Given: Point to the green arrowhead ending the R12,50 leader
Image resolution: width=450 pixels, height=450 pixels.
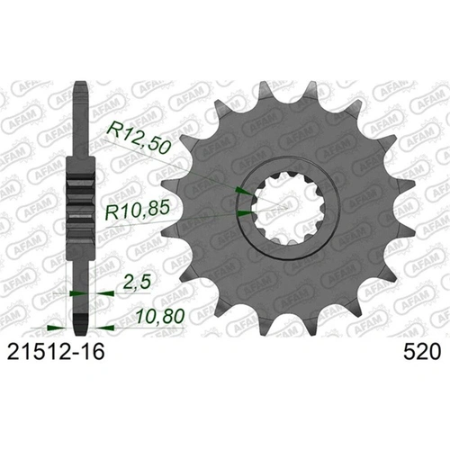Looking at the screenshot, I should click(241, 192).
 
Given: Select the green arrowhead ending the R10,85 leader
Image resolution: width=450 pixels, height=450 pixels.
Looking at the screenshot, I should click(246, 213).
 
